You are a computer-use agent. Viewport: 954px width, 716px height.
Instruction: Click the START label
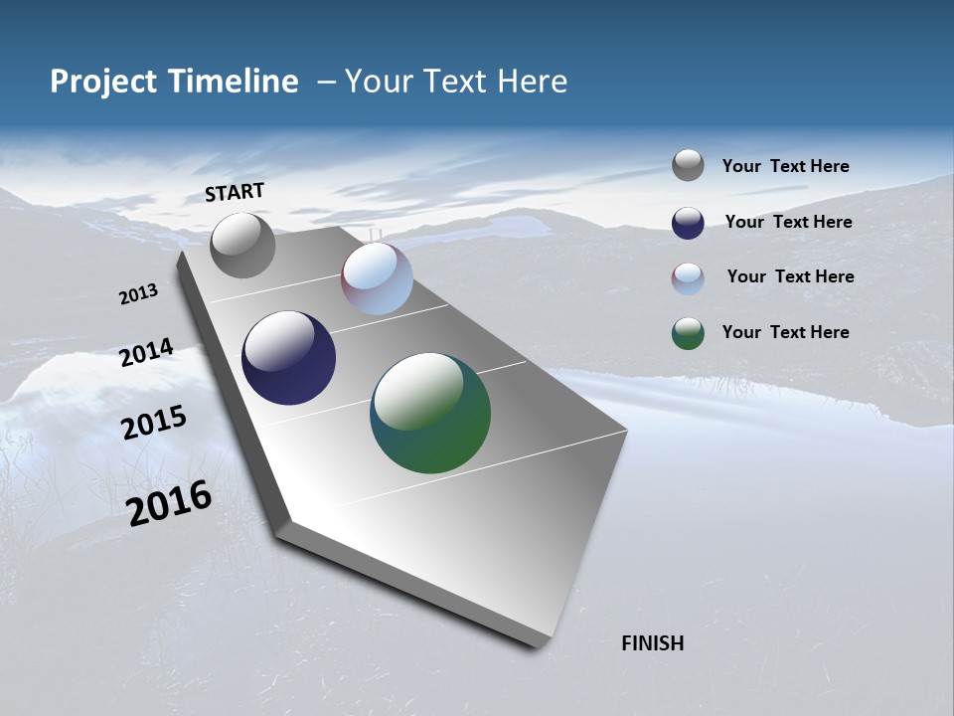point(235,192)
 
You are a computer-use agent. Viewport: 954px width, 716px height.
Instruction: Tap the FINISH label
point(653,643)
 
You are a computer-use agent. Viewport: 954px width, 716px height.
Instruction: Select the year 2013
point(138,294)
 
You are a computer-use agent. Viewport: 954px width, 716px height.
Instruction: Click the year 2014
point(146,353)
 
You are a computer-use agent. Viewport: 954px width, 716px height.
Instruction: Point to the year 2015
point(154,423)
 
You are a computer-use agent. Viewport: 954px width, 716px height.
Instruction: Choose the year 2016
point(169,503)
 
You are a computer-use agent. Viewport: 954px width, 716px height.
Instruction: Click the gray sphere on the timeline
point(242,245)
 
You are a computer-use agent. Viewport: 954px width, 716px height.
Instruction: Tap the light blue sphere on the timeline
point(377,278)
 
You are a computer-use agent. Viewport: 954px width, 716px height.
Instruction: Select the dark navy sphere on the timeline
point(288,358)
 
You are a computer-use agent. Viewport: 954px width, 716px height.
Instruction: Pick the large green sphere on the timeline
point(430,413)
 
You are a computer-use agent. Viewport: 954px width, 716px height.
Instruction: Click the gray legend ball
point(688,165)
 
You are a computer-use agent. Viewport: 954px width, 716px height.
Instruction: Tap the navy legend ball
point(688,223)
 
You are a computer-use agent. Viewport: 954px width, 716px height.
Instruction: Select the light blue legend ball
point(688,278)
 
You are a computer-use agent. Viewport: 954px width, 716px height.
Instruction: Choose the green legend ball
point(688,333)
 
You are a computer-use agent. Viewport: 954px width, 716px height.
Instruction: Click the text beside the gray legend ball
point(785,166)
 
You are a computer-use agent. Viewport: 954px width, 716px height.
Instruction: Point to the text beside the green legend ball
point(785,332)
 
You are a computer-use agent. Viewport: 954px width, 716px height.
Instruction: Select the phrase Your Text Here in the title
point(456,82)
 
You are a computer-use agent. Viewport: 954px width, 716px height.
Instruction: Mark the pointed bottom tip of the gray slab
point(537,646)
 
